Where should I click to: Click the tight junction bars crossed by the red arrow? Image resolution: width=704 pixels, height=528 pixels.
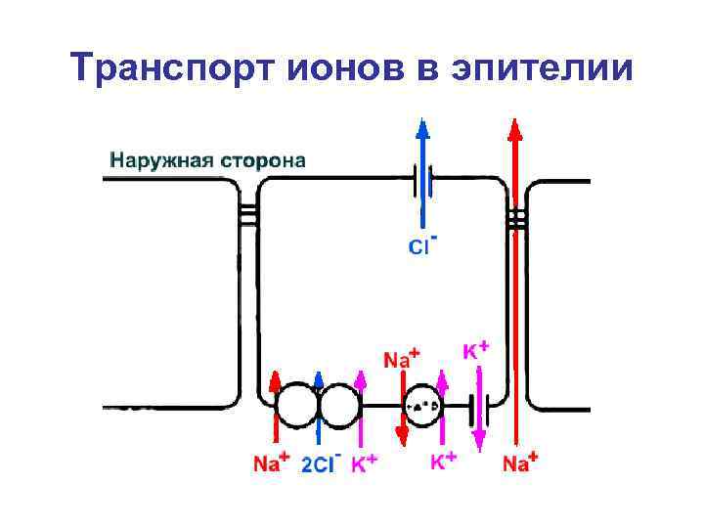pos(515,214)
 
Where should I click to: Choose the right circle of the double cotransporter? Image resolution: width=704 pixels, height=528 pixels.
pos(339,405)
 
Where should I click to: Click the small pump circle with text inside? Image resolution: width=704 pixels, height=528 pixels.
pos(422,405)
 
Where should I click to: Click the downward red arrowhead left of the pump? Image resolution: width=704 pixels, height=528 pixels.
pos(401,431)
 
